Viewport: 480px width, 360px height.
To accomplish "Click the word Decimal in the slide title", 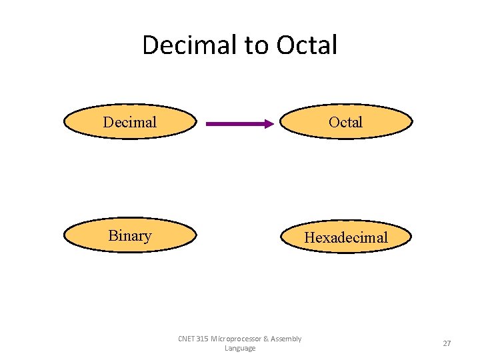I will pos(190,45).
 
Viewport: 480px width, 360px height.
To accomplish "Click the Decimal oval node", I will pos(130,122).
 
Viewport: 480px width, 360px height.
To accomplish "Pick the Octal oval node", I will pos(345,122).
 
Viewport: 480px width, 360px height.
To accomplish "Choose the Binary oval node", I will pos(130,236).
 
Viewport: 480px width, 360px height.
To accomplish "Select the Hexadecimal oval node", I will pos(345,237).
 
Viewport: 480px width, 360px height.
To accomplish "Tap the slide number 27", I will pos(447,343).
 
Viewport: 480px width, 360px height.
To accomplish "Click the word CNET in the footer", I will pos(187,339).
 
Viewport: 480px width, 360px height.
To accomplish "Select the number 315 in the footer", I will pos(203,339).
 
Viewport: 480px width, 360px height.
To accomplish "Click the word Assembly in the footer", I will pos(287,339).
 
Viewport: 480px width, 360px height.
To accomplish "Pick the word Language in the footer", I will pos(240,348).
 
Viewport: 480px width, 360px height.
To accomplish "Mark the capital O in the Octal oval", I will pos(333,122).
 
